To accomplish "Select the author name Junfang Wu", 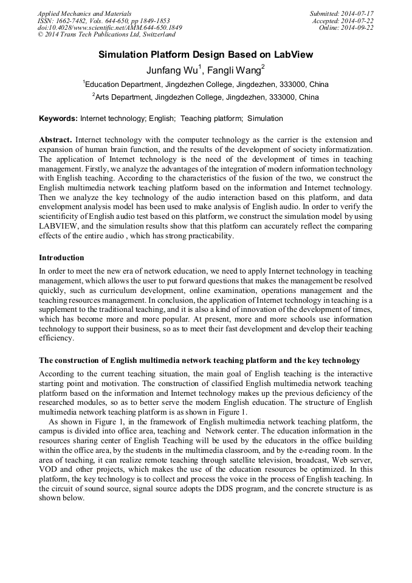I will [172, 70].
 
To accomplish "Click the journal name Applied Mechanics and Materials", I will [84, 13].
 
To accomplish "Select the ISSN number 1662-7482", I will [76, 21].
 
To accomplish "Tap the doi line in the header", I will [109, 28].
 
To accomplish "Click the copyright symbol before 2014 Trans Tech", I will [40, 35].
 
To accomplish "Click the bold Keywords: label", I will [58, 119].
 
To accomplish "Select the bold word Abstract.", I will [55, 139].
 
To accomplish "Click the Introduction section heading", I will [61, 258].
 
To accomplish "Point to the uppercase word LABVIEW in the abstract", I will [58, 227].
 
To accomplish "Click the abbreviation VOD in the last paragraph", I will [49, 470].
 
